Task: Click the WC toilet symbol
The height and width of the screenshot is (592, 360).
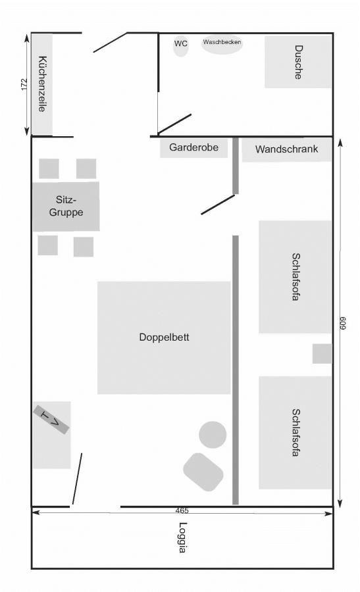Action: [180, 45]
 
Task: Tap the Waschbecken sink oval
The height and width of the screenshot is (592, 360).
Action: [222, 43]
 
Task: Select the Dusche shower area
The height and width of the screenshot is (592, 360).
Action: [297, 62]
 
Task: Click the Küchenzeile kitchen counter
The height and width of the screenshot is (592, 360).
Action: [42, 84]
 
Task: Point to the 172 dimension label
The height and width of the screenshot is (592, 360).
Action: [24, 84]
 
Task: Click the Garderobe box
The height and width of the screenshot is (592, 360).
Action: [193, 147]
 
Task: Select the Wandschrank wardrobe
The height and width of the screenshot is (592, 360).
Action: [286, 149]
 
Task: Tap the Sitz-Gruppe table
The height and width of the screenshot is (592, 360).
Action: [66, 207]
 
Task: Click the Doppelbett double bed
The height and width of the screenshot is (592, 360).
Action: [164, 337]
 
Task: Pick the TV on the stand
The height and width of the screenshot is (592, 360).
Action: [51, 420]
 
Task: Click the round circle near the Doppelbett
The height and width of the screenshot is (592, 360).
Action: [213, 435]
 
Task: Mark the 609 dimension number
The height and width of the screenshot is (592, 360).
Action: [343, 323]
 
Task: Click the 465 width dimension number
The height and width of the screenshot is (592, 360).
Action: [182, 510]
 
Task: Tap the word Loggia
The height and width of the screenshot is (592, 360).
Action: [182, 537]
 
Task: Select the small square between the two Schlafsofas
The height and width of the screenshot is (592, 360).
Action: [322, 354]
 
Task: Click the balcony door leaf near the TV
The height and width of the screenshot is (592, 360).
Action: [77, 479]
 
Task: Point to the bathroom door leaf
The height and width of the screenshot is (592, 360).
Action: [174, 124]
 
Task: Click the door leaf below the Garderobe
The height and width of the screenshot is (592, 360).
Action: [218, 205]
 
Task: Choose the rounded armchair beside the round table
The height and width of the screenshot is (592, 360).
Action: [203, 472]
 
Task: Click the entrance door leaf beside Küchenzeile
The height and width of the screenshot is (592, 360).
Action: [111, 42]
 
